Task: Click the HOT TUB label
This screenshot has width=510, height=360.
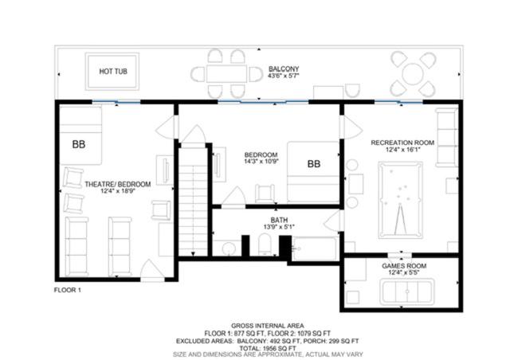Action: click(x=113, y=71)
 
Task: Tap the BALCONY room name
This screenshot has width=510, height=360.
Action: click(x=284, y=69)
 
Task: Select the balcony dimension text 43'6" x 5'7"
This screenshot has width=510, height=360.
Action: click(x=284, y=76)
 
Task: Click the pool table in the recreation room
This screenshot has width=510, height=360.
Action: click(x=400, y=200)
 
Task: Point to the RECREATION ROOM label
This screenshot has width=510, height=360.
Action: click(x=402, y=143)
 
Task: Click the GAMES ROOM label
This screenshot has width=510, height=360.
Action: click(x=404, y=266)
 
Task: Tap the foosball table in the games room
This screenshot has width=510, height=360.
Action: click(x=407, y=292)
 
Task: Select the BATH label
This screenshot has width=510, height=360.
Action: click(x=279, y=220)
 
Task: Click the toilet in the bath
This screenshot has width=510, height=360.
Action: click(x=265, y=244)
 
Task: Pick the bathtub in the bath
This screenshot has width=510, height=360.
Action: click(x=315, y=248)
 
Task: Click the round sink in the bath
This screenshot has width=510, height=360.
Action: click(x=229, y=249)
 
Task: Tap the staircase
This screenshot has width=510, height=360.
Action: click(x=193, y=202)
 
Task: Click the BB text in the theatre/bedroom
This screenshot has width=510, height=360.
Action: click(x=79, y=144)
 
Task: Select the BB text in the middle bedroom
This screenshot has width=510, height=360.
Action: click(x=314, y=164)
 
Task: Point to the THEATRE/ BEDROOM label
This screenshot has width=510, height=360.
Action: click(x=118, y=185)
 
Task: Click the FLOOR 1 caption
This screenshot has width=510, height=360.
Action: click(x=67, y=290)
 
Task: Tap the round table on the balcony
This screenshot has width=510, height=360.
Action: click(x=413, y=74)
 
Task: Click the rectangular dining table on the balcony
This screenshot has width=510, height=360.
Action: click(x=226, y=74)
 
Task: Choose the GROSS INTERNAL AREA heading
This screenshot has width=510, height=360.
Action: click(x=268, y=326)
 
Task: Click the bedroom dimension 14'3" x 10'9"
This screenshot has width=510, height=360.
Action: click(x=261, y=162)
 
